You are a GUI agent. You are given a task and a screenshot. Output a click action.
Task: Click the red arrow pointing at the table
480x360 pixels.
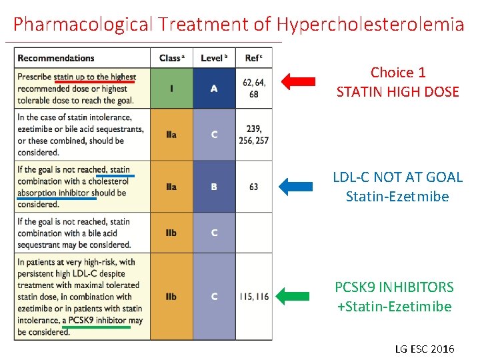point(297,82)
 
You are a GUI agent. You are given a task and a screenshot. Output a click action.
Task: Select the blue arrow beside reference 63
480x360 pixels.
point(295,187)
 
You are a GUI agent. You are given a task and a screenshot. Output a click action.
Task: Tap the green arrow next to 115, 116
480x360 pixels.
point(295,296)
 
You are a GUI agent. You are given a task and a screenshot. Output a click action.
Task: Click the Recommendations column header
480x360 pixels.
point(56,58)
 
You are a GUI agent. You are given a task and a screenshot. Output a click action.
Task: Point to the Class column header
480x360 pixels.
point(171,58)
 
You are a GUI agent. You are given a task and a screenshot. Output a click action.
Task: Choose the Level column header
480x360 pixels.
point(213,58)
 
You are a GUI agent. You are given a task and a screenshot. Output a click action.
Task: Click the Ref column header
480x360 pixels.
point(253,58)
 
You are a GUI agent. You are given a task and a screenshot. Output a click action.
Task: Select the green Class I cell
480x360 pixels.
point(171,89)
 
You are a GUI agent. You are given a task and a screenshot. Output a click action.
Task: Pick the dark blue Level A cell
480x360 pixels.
point(214,89)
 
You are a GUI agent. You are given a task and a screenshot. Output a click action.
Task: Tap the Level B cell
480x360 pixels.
point(214,187)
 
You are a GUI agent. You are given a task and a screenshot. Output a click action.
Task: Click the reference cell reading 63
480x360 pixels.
point(253,187)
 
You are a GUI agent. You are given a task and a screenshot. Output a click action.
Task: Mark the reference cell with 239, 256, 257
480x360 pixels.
point(253,135)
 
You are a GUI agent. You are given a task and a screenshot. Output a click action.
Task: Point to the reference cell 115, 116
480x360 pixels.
point(253,296)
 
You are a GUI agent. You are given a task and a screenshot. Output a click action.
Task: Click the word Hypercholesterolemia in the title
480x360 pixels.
point(370,25)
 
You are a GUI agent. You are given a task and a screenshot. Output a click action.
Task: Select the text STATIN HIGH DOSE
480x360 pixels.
point(398,92)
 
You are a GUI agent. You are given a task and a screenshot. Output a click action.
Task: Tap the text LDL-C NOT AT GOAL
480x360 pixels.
point(397,177)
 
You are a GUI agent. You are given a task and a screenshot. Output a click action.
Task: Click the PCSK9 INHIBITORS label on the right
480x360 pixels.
point(394,287)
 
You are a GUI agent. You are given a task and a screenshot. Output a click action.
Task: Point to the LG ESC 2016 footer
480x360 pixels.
point(424,349)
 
